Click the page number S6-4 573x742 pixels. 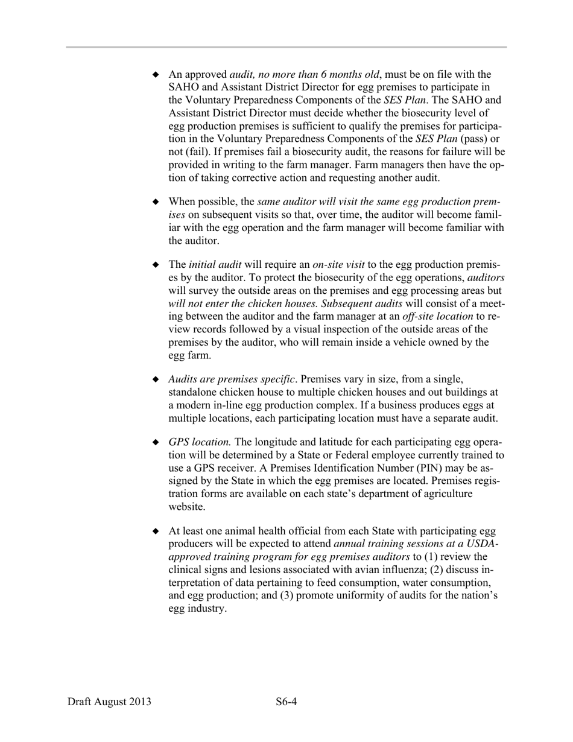287,702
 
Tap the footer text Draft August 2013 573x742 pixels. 109,702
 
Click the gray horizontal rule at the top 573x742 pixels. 286,47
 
